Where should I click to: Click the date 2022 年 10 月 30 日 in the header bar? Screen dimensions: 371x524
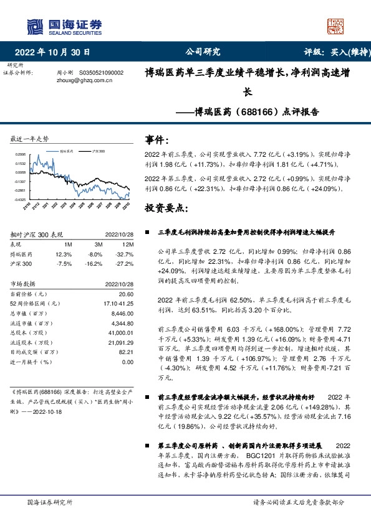tap(56, 52)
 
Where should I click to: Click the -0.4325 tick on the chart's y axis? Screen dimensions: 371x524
tap(21, 199)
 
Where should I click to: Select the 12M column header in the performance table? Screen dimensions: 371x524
tap(127, 245)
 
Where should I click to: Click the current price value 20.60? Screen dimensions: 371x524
tap(126, 293)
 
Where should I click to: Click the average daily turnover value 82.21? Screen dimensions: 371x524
tap(126, 352)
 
